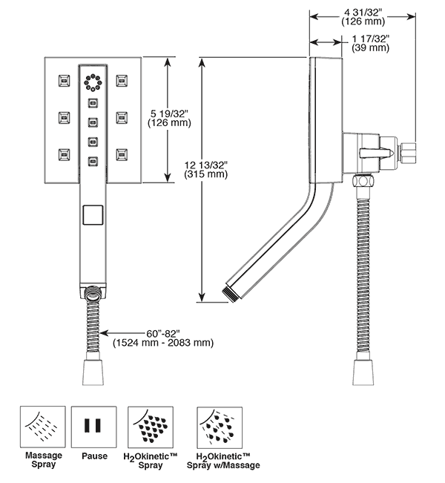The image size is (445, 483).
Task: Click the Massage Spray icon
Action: coord(43,427)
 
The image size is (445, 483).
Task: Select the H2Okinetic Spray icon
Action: coord(151,427)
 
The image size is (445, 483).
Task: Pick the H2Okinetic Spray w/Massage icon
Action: coord(217,427)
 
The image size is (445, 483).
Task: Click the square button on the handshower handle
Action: coord(93,216)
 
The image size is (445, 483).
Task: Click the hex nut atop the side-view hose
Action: coord(364,181)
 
